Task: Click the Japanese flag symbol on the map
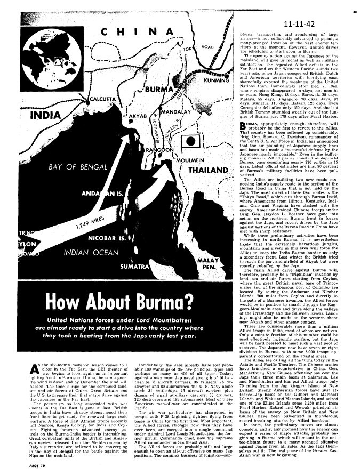(x=190, y=141)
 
